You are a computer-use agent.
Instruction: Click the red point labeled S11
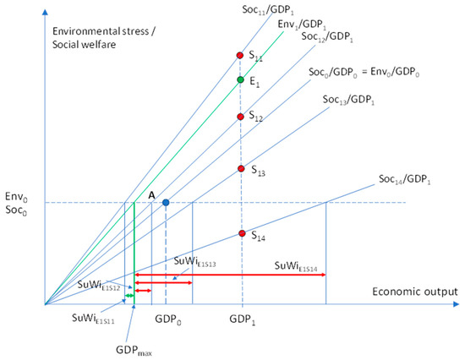pyautogui.click(x=240, y=56)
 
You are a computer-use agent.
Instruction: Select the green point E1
pyautogui.click(x=241, y=81)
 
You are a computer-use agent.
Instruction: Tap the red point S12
pyautogui.click(x=241, y=117)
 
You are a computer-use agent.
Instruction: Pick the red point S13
pyautogui.click(x=241, y=169)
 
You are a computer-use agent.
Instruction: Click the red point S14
pyautogui.click(x=242, y=233)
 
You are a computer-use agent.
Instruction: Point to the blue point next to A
pyautogui.click(x=166, y=203)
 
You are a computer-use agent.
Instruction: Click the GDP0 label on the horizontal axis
pyautogui.click(x=166, y=321)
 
